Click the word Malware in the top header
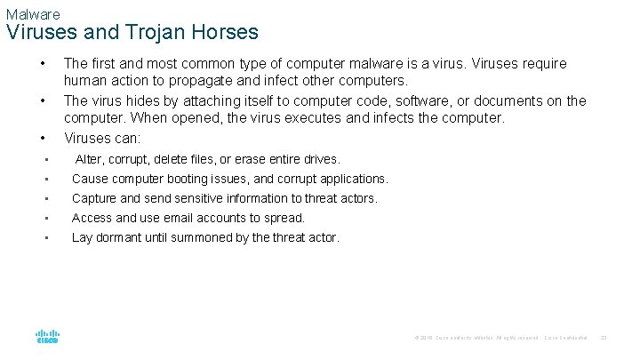32,14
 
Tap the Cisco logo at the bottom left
47,336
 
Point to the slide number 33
604,337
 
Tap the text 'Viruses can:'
102,138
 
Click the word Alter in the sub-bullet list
89,160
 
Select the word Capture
94,198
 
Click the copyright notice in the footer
475,338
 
